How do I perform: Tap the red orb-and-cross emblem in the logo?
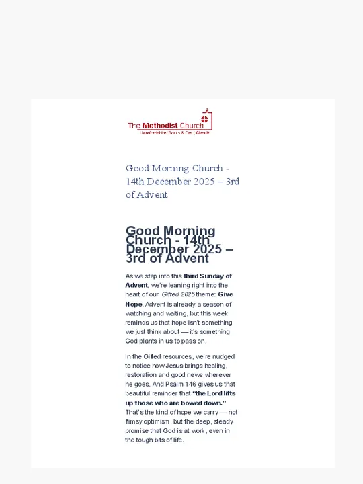[x=205, y=120]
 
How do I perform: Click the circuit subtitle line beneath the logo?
[x=175, y=133]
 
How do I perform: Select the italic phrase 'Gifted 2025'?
[x=178, y=294]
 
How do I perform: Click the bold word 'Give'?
[x=226, y=294]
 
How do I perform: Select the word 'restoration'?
[x=141, y=375]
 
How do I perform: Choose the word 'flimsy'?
[x=134, y=421]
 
